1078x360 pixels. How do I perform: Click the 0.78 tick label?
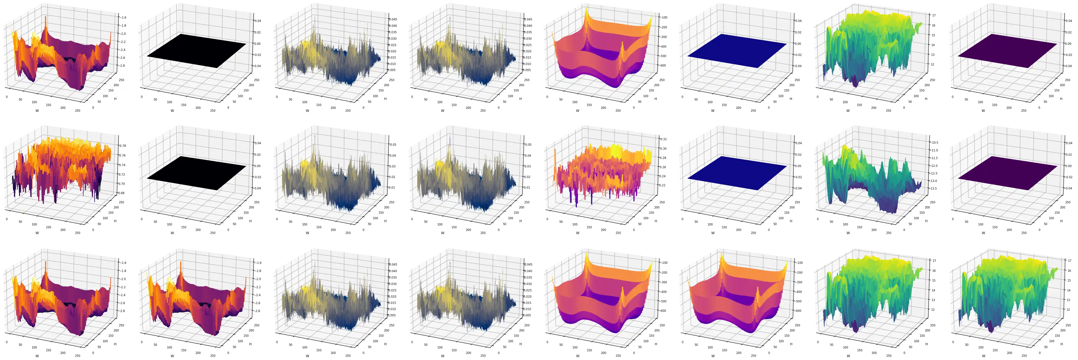point(123,146)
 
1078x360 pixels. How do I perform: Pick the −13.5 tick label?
point(934,188)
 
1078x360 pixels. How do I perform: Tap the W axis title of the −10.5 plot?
point(848,233)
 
